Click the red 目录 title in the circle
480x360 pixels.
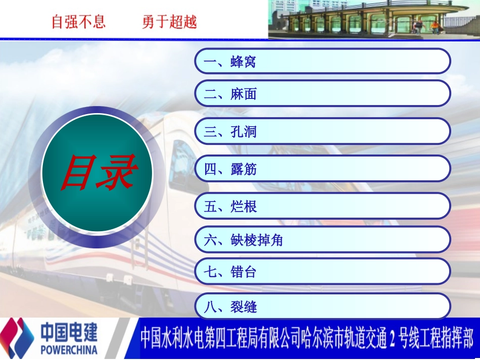tap(97, 173)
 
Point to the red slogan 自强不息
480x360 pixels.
tap(78, 22)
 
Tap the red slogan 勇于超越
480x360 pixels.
tap(169, 22)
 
